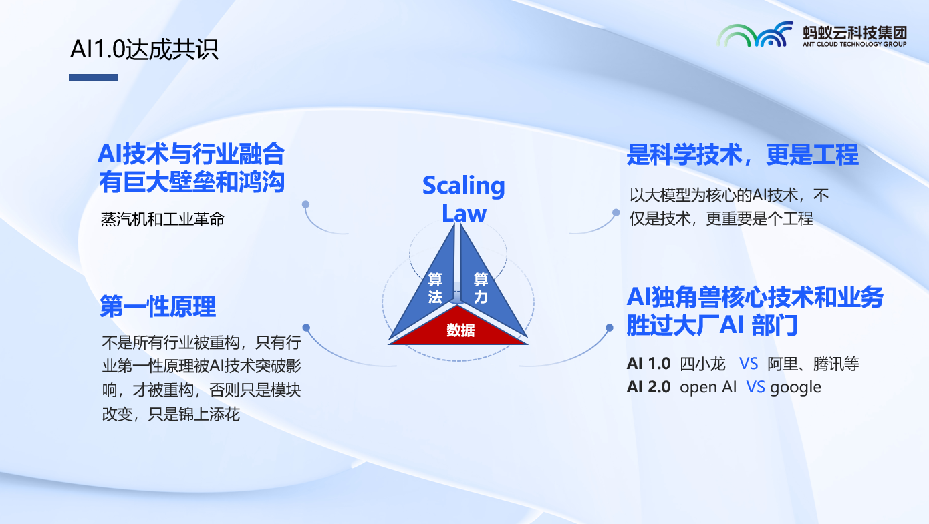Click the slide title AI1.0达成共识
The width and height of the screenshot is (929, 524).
[x=144, y=49]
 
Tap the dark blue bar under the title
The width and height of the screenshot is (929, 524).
[x=94, y=77]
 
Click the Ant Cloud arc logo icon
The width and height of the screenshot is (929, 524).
[x=755, y=35]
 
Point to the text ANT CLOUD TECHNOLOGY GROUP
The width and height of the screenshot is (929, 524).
[x=854, y=44]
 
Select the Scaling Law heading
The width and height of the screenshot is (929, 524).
[x=464, y=198]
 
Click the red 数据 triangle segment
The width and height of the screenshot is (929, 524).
[x=458, y=327]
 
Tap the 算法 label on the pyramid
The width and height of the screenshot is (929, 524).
[x=435, y=288]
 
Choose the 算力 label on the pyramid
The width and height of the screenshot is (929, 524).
[x=481, y=288]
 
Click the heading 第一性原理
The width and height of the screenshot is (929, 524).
[x=158, y=306]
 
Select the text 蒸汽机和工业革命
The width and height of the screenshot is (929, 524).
[x=162, y=219]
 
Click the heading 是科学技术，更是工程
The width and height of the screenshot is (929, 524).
[x=743, y=154]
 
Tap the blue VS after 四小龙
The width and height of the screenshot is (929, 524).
[x=748, y=364]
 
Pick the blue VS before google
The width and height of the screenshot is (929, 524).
[x=755, y=387]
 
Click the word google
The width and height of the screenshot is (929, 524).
[x=795, y=388]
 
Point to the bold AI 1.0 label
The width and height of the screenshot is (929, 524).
[x=648, y=364]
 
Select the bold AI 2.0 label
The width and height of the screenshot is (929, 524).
[x=648, y=387]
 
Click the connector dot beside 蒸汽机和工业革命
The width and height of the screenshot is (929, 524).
[x=305, y=204]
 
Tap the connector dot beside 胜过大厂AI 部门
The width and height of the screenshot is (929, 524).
[x=610, y=328]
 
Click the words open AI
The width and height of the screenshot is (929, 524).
[x=708, y=387]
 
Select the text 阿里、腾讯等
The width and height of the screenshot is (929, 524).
[x=813, y=364]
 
